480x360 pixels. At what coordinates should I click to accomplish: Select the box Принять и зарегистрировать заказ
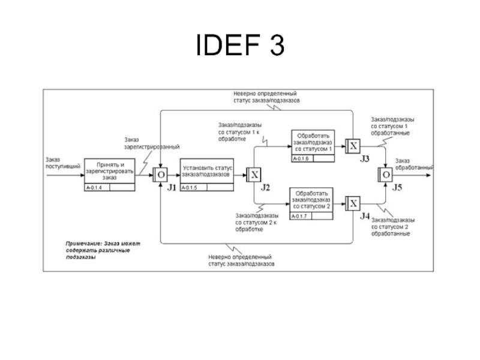click(109, 171)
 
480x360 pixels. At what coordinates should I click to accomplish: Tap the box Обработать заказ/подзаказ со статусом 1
click(313, 143)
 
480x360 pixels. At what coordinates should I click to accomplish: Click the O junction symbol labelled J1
click(160, 175)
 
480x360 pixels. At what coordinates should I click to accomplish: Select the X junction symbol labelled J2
click(254, 175)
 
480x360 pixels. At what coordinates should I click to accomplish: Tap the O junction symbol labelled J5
click(385, 175)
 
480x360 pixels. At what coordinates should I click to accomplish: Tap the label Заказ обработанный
click(411, 164)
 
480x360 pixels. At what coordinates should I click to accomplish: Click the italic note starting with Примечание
click(103, 250)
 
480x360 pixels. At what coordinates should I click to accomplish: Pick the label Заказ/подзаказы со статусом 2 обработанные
click(390, 226)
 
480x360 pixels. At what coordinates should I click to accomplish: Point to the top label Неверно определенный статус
click(266, 97)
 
